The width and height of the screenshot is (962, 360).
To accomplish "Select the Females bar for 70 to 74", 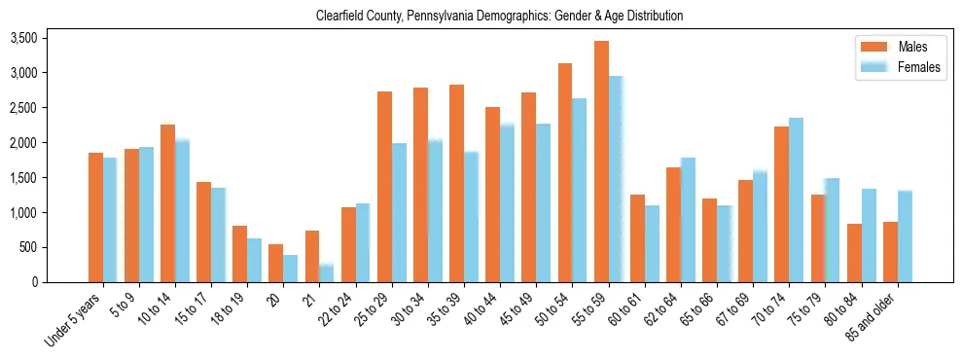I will [x=797, y=200].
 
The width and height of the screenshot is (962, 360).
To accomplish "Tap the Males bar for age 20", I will [x=276, y=263].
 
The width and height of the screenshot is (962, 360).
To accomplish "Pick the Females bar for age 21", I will [x=327, y=273].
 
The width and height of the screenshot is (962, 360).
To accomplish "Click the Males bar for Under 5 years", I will [x=95, y=217].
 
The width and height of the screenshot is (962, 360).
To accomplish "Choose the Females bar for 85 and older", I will [x=905, y=236].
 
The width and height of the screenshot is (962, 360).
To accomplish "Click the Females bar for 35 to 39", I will [x=471, y=217].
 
